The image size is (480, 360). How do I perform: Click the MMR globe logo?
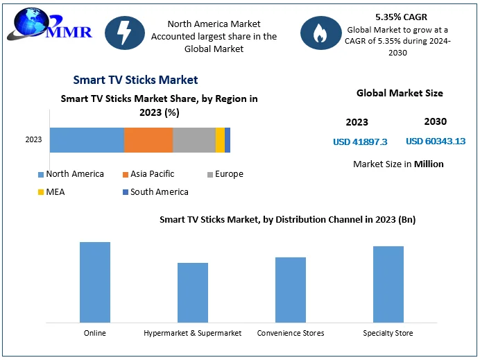click(x=49, y=24)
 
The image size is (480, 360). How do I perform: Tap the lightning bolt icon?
click(x=125, y=33)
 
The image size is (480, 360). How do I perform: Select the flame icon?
click(x=320, y=33)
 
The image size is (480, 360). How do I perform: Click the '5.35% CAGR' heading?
click(x=401, y=17)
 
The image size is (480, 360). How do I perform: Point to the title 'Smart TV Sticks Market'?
click(x=135, y=80)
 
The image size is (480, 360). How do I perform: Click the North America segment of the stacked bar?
click(x=87, y=140)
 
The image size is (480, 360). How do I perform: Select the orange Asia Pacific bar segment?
click(x=148, y=140)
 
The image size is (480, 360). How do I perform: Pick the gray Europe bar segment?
click(x=194, y=140)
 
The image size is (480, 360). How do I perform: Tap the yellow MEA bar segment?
click(x=220, y=140)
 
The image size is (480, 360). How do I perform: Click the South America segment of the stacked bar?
click(x=228, y=140)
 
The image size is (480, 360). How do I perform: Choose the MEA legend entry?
click(x=51, y=192)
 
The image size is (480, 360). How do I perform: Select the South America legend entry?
click(x=155, y=192)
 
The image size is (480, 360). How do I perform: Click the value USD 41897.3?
click(x=360, y=142)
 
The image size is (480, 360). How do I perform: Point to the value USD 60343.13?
click(x=436, y=141)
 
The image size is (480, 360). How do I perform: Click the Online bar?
click(x=95, y=282)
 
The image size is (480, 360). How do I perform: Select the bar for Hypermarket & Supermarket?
click(x=193, y=293)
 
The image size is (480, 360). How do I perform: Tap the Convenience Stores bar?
click(x=291, y=290)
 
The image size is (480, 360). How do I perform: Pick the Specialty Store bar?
click(x=388, y=284)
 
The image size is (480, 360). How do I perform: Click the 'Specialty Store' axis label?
click(x=388, y=333)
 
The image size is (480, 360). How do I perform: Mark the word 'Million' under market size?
click(x=429, y=164)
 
